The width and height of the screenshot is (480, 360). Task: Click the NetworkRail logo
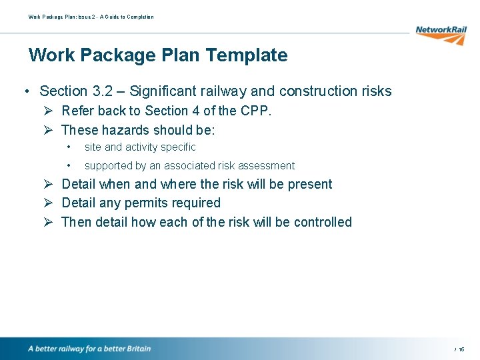tap(441, 34)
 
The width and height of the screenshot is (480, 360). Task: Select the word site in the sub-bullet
tap(93, 147)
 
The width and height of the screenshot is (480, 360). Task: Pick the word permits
tap(146, 203)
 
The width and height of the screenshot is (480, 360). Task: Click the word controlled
tap(322, 222)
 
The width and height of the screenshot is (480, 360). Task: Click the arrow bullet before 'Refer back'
tap(49, 111)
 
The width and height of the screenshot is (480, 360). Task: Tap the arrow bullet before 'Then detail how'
tap(49, 222)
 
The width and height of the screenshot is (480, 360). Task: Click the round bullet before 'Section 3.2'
tap(25, 91)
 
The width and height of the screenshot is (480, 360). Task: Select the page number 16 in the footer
tap(461, 349)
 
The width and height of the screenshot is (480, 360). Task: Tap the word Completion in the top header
tap(140, 17)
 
